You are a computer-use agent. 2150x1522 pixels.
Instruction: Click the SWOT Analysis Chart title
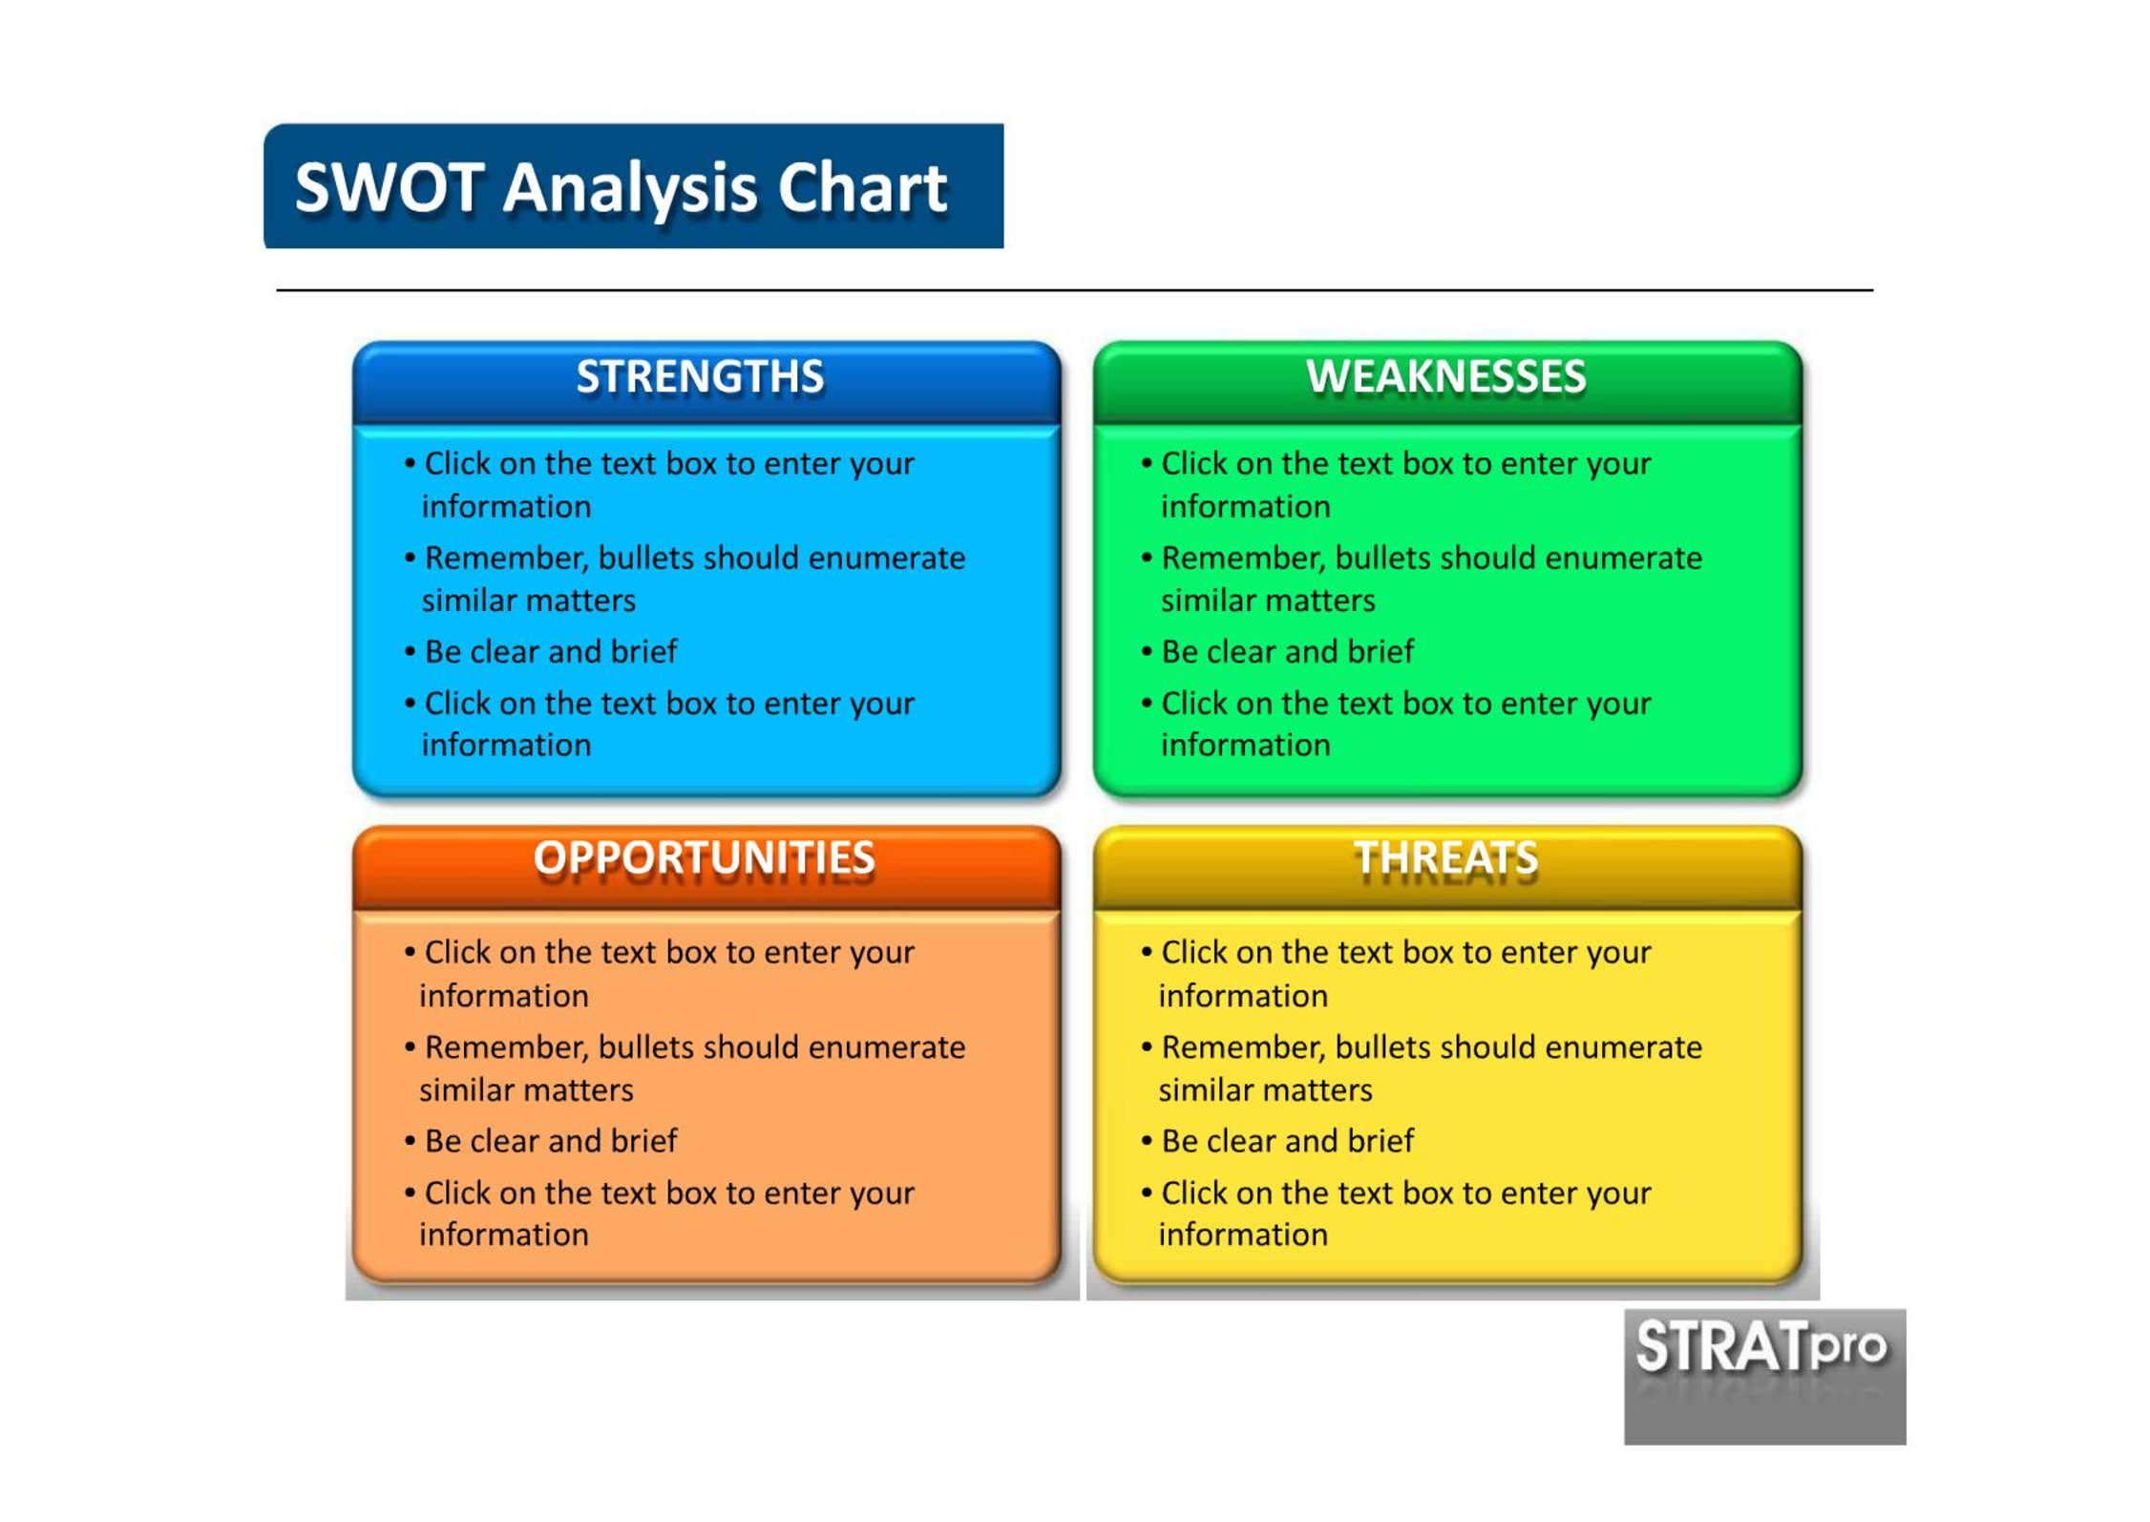pyautogui.click(x=621, y=187)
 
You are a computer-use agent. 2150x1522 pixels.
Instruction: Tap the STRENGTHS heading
pyautogui.click(x=700, y=376)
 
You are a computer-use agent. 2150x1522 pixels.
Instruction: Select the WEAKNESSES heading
pyautogui.click(x=1445, y=376)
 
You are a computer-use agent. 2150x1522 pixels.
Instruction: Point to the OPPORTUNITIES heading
pyautogui.click(x=704, y=857)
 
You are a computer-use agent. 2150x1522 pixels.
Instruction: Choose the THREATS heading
pyautogui.click(x=1445, y=857)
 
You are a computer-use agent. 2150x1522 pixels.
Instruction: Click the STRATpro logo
pyautogui.click(x=1764, y=1376)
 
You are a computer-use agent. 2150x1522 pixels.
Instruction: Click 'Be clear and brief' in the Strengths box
pyautogui.click(x=551, y=651)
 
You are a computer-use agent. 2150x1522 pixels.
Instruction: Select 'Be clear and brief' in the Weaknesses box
pyautogui.click(x=1287, y=651)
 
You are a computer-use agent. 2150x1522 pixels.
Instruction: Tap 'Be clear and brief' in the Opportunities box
pyautogui.click(x=551, y=1140)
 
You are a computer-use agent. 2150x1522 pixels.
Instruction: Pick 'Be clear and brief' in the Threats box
pyautogui.click(x=1287, y=1140)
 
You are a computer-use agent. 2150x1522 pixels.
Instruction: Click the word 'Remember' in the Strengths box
pyautogui.click(x=507, y=559)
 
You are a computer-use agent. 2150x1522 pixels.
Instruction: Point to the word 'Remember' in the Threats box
pyautogui.click(x=1244, y=1047)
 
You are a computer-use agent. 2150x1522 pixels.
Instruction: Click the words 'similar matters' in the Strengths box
pyautogui.click(x=529, y=601)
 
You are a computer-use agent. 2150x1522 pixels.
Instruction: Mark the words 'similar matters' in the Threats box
pyautogui.click(x=1265, y=1089)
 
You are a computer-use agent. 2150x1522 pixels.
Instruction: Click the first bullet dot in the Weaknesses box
pyautogui.click(x=1147, y=464)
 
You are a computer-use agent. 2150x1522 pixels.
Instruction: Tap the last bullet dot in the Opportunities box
pyautogui.click(x=410, y=1193)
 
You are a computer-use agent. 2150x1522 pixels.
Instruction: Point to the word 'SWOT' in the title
pyautogui.click(x=390, y=187)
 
